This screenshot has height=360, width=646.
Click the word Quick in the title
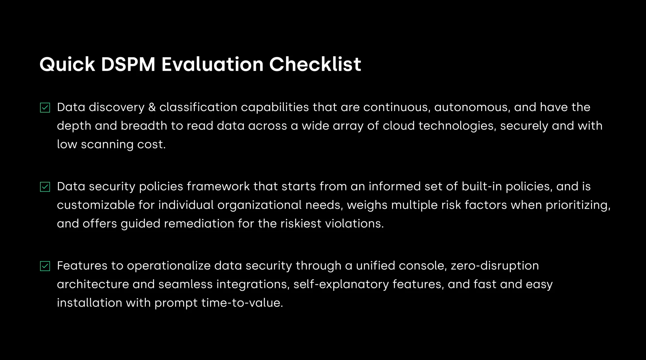[67, 65]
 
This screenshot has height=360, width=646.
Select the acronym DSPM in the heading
[128, 64]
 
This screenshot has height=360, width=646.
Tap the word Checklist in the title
[315, 64]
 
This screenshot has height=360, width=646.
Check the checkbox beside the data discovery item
[45, 107]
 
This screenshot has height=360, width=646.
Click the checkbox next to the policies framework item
[45, 187]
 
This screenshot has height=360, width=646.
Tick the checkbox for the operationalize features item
[45, 266]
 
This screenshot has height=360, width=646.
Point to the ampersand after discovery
[152, 107]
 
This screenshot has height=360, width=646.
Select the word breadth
[144, 126]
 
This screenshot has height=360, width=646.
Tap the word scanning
[107, 145]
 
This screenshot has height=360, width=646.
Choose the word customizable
[96, 205]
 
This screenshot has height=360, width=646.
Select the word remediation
[199, 224]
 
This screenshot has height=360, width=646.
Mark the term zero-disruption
[495, 266]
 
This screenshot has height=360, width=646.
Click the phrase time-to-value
[242, 303]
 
